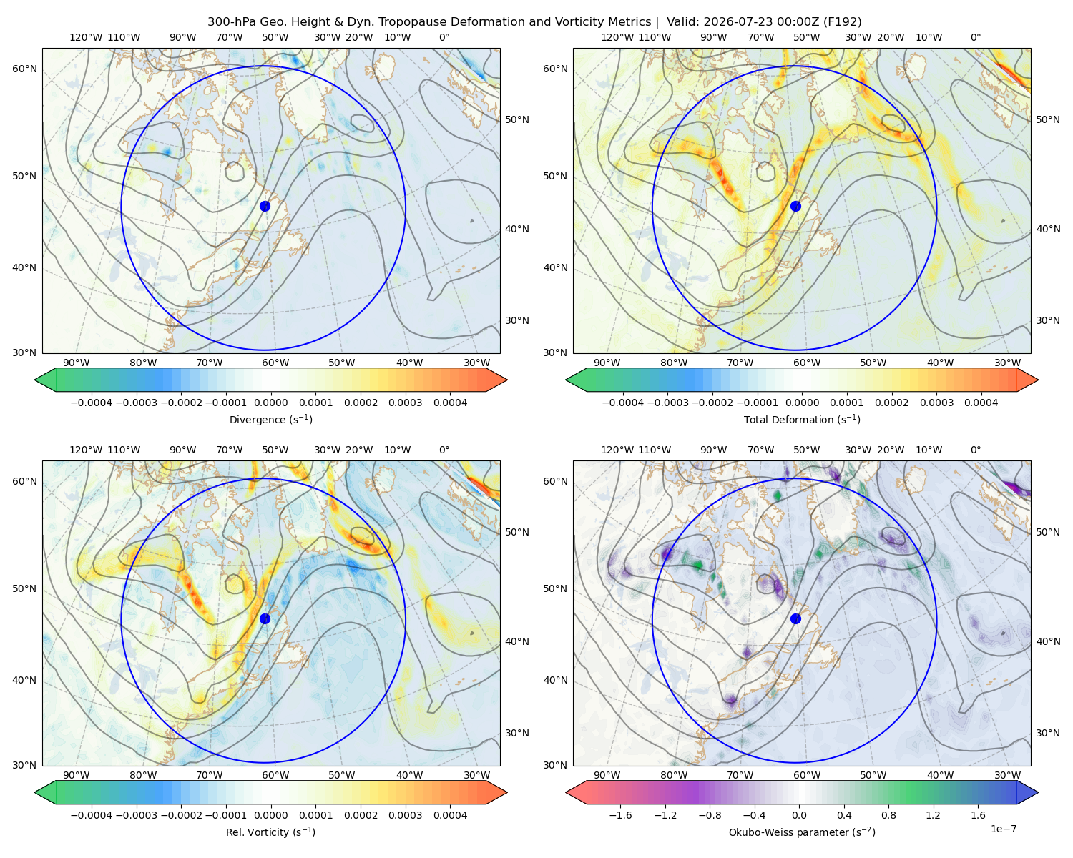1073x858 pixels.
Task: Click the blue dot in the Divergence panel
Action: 265,207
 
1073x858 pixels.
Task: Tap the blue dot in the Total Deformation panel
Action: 795,207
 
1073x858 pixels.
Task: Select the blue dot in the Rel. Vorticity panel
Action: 265,618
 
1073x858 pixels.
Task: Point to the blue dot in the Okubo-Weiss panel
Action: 795,618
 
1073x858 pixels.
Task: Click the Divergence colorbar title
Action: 270,420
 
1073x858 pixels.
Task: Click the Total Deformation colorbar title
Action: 802,420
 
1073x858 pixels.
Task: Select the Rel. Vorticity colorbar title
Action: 270,832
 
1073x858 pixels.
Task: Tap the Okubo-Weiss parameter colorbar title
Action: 802,832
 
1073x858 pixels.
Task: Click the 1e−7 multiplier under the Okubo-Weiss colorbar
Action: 1003,829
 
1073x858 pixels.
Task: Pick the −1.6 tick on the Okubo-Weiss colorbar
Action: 621,815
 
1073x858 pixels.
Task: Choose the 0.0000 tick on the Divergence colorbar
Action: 270,403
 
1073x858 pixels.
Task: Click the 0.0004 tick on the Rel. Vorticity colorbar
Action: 450,815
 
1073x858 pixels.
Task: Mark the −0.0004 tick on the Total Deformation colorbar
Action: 623,403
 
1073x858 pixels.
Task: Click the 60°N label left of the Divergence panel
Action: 24,69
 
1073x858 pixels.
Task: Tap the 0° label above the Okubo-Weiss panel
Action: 976,450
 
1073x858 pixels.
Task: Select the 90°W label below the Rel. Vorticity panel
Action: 77,775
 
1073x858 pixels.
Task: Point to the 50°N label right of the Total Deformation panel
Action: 1048,119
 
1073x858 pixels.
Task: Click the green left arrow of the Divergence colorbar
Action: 45,380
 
